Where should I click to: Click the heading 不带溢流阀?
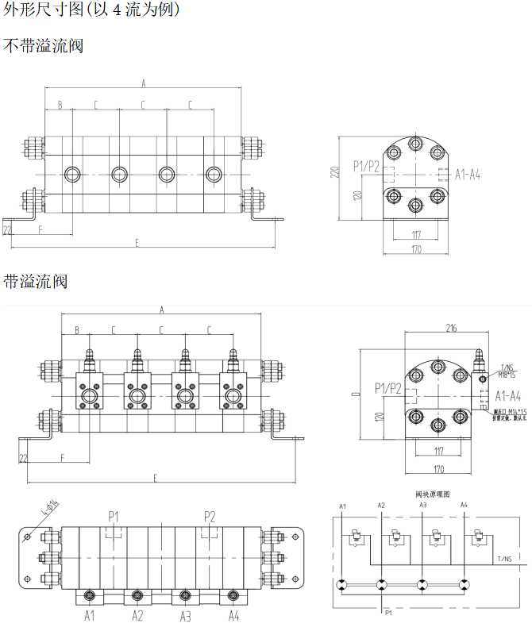pos(44,46)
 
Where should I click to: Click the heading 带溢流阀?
pos(36,281)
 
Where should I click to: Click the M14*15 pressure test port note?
pos(509,413)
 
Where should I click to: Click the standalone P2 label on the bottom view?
pos(210,516)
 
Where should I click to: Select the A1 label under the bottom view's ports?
pos(90,615)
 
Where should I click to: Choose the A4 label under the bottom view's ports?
pos(233,615)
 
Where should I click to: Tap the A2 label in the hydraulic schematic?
pos(381,506)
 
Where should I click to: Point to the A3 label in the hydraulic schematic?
pos(422,506)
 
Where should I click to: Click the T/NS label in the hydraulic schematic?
pos(505,559)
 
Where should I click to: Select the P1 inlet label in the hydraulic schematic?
pos(388,613)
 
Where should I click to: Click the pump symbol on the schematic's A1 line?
pos(341,585)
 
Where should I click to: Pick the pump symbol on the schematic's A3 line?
pos(422,585)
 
